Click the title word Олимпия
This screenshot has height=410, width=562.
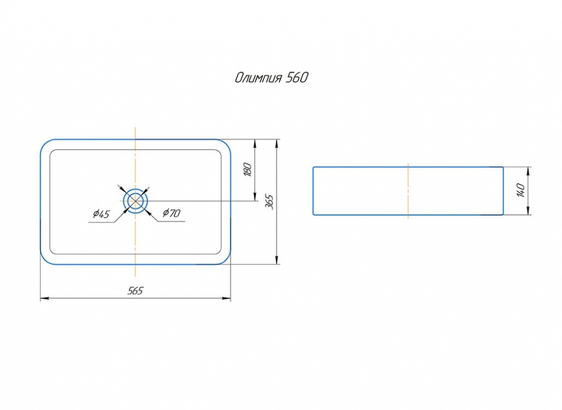(x=258, y=78)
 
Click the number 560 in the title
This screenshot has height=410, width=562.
(x=296, y=78)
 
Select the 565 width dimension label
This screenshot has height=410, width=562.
(x=135, y=290)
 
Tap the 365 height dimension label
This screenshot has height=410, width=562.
(x=269, y=201)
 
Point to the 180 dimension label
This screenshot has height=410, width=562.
(x=248, y=169)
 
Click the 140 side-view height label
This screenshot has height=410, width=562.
(x=521, y=191)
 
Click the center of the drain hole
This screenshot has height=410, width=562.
(x=135, y=200)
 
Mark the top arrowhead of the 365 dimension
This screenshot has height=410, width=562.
(x=277, y=142)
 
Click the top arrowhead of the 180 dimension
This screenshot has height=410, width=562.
(x=256, y=142)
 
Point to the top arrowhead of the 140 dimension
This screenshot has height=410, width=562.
(x=529, y=170)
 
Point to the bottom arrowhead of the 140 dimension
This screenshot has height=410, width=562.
(x=529, y=211)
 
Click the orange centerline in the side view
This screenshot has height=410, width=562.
(x=408, y=191)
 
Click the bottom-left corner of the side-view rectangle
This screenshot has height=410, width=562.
(x=314, y=214)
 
